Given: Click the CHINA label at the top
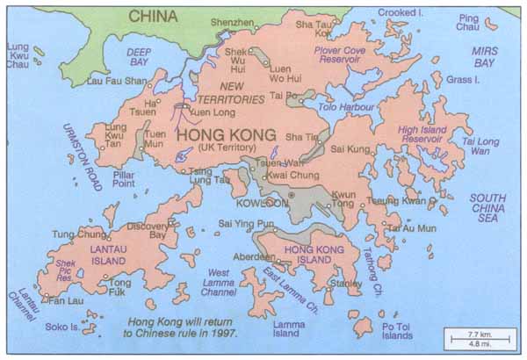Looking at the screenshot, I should coord(153,15).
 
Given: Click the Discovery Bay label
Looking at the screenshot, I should coord(147,230).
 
